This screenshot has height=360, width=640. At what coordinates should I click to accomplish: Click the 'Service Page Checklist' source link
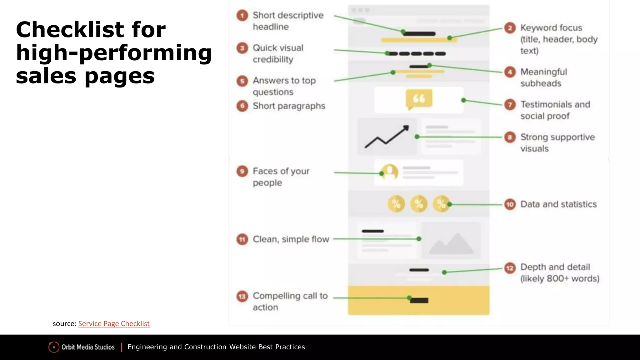point(114,323)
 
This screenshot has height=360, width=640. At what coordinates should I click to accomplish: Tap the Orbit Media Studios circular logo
point(54,347)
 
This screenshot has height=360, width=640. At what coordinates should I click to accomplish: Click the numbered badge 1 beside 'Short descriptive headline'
point(242,15)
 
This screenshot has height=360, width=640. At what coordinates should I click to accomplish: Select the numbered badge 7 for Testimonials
point(510,104)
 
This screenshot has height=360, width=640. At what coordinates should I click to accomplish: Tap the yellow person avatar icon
point(390,172)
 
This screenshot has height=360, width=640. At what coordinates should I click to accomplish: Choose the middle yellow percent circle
point(419,204)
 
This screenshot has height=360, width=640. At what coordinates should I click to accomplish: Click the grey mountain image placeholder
point(451,243)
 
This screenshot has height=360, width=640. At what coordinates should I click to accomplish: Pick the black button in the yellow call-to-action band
point(419,301)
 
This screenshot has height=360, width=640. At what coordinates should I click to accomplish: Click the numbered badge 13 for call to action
point(242,296)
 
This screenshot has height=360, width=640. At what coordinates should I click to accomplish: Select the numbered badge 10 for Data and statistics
point(510,204)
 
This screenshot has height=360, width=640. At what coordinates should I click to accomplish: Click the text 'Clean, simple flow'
point(291,239)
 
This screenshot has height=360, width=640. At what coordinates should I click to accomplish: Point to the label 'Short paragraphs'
point(289,106)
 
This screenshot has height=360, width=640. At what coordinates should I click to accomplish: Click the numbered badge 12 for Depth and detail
point(510,268)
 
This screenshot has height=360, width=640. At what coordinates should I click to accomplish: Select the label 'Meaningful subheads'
point(543,77)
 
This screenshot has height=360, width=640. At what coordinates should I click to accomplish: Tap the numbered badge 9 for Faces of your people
point(242,171)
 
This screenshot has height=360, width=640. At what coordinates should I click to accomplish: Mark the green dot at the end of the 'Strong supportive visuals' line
point(417,137)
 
